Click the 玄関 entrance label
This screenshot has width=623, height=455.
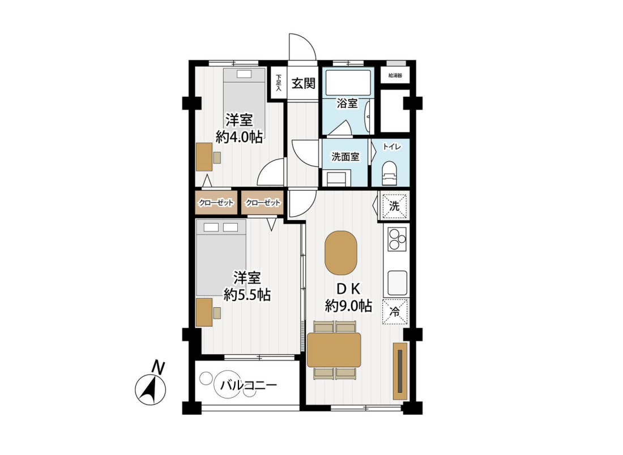point(304,83)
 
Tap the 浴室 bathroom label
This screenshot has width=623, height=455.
point(347,103)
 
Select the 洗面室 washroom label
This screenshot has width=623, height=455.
point(345,157)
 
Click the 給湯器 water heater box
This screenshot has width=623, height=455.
point(395,75)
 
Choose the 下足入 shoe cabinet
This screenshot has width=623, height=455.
point(279,83)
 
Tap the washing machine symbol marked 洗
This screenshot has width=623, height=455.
point(394,206)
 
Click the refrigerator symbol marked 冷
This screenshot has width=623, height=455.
point(395,311)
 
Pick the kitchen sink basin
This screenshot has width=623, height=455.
point(398,281)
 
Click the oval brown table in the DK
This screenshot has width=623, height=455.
point(341,253)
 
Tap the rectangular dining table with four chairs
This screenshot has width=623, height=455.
point(334,350)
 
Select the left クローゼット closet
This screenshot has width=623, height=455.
point(216,203)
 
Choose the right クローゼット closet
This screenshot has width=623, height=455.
point(263,203)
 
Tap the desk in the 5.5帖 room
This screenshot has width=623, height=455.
point(204,312)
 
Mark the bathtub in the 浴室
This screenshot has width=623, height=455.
point(348,83)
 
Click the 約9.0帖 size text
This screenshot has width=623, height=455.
point(348,306)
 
